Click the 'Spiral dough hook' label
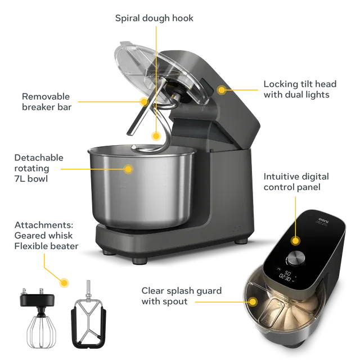point(154,18)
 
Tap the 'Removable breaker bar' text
point(47,102)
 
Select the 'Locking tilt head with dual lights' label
point(300,89)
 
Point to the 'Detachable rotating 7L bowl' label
point(39,168)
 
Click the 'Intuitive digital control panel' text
point(296,182)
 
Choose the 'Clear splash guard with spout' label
point(181,296)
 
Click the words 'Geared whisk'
point(43,235)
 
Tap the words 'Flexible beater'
point(46,246)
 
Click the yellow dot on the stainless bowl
point(128,169)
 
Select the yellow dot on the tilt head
point(222,89)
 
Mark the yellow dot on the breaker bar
point(144,101)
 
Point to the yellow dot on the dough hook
point(156,136)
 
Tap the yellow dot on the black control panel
point(295,241)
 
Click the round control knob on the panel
point(296,258)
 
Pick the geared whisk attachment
point(39,317)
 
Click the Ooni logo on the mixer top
point(323,220)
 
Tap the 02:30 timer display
point(285,277)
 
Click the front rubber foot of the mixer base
point(139,261)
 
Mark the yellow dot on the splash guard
point(253,301)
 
